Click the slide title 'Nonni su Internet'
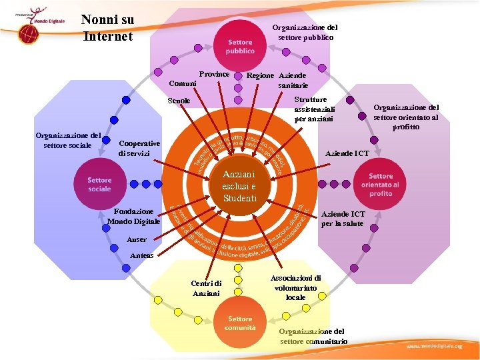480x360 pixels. point(107,28)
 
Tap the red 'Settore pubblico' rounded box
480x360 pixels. point(239,47)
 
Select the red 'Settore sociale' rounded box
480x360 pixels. point(99,185)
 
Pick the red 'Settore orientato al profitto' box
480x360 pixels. point(380,185)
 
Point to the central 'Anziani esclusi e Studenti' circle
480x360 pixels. point(239,186)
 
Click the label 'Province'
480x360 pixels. point(214,74)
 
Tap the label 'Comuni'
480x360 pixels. point(182,84)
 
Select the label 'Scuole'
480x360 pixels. point(179,101)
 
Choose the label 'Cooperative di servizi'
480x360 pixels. point(139,149)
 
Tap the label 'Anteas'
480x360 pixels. point(142,255)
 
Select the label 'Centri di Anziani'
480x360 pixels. point(206,288)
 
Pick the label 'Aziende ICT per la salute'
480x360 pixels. point(343,219)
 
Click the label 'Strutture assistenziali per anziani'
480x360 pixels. point(315,109)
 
